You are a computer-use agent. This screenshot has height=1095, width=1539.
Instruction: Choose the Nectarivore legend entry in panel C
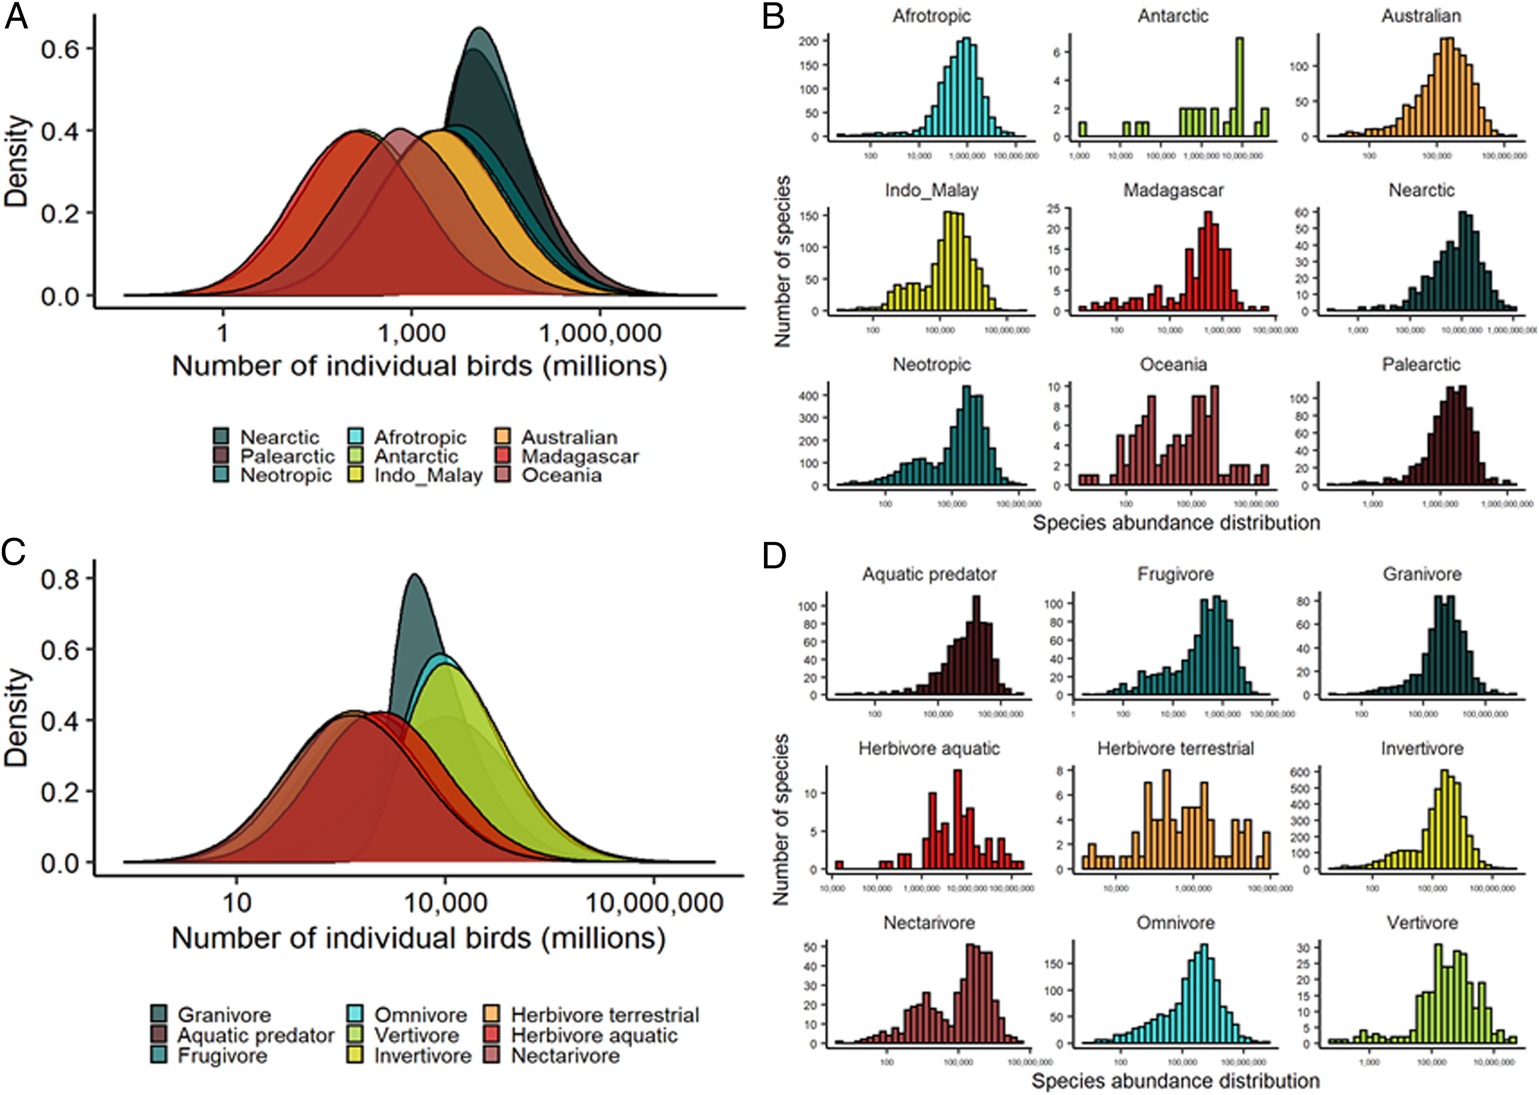(x=565, y=1055)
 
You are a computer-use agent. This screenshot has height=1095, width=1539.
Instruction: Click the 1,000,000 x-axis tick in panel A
(x=599, y=333)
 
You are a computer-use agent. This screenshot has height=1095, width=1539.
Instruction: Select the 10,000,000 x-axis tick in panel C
(x=655, y=902)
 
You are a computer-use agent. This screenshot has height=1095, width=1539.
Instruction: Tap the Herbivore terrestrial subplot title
(x=1175, y=749)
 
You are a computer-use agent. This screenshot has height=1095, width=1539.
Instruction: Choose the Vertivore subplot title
(x=1422, y=923)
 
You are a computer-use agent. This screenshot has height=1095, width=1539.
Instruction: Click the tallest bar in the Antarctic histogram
(x=1239, y=88)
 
